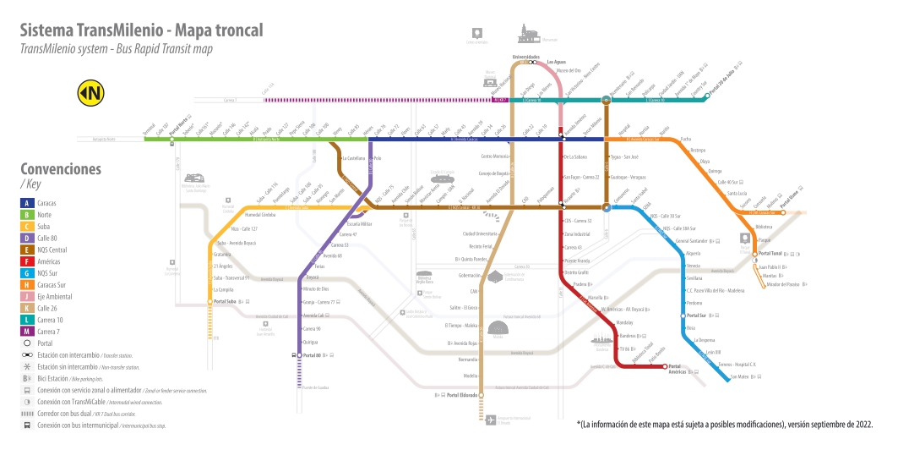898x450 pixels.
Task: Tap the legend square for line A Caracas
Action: tap(28, 202)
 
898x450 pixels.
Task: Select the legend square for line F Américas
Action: tap(28, 262)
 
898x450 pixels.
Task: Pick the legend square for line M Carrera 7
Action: tap(28, 331)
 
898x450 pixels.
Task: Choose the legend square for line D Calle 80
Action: tap(28, 239)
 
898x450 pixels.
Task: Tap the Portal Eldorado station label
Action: tap(463, 395)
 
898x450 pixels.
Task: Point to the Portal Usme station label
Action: tap(794, 202)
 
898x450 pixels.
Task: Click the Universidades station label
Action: tap(525, 57)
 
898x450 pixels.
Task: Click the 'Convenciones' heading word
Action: tap(61, 168)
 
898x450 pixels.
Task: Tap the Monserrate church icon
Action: tap(530, 33)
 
